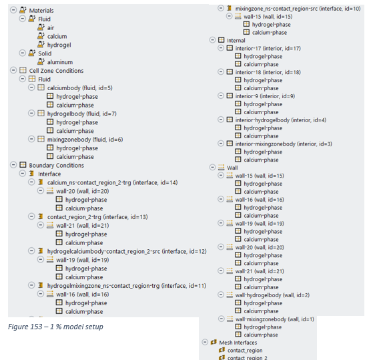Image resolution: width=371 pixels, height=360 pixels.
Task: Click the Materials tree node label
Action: click(41, 11)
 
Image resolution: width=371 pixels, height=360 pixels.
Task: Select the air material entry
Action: click(51, 27)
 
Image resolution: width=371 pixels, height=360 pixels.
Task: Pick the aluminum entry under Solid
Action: click(60, 62)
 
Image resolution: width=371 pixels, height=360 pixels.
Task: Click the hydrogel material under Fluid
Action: click(59, 45)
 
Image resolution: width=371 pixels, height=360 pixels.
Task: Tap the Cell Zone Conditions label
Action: click(56, 71)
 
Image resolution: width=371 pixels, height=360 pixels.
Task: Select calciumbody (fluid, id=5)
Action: click(79, 88)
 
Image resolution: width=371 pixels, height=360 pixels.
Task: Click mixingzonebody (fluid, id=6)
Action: click(85, 140)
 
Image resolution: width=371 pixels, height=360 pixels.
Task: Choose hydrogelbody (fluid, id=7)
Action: click(82, 114)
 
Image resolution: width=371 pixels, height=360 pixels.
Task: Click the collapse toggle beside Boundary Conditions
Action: click(13, 165)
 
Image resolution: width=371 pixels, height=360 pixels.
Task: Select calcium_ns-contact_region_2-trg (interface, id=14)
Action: click(112, 182)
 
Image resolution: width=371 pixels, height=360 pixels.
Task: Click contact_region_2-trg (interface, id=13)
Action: click(97, 217)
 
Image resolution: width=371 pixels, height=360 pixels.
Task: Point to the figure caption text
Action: click(55, 327)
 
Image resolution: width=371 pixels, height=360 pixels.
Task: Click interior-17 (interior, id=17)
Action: click(268, 48)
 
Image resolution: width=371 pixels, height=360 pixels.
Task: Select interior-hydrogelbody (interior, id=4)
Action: click(281, 120)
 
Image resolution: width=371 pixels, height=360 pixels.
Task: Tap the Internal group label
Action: click(236, 41)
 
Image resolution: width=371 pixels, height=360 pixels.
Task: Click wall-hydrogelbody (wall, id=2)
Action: click(272, 295)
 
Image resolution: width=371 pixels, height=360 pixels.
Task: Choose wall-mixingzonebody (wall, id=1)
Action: click(275, 319)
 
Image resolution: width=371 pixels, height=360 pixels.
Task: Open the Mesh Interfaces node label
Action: click(238, 343)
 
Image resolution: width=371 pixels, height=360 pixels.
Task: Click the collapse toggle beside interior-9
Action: click(221, 96)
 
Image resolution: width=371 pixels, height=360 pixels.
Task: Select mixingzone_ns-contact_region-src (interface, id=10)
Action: click(298, 9)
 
